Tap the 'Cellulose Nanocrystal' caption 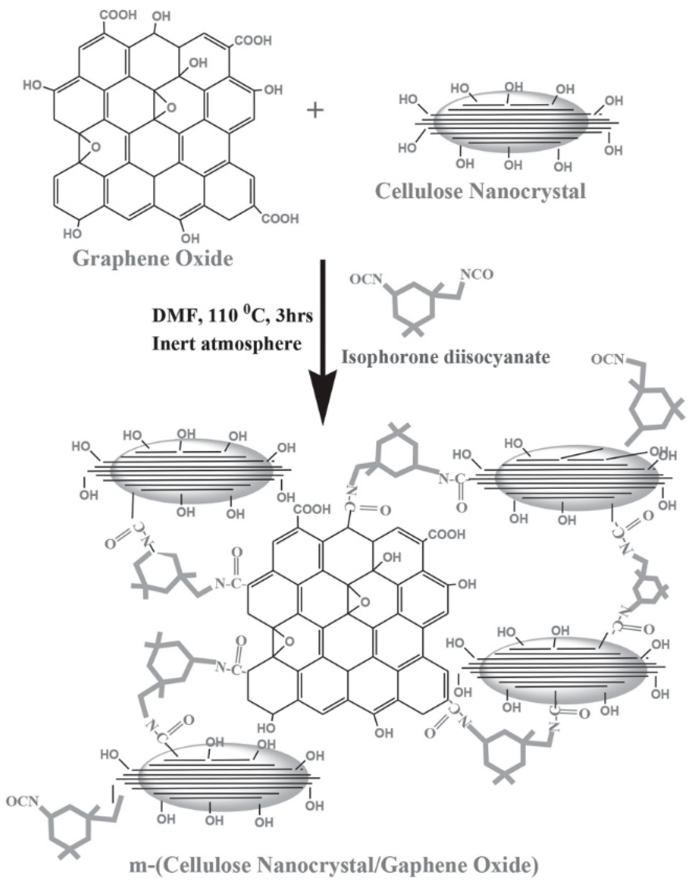(x=480, y=190)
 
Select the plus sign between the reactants (x=315, y=110)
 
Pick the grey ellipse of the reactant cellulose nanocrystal (x=510, y=122)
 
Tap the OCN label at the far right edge (x=608, y=359)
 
